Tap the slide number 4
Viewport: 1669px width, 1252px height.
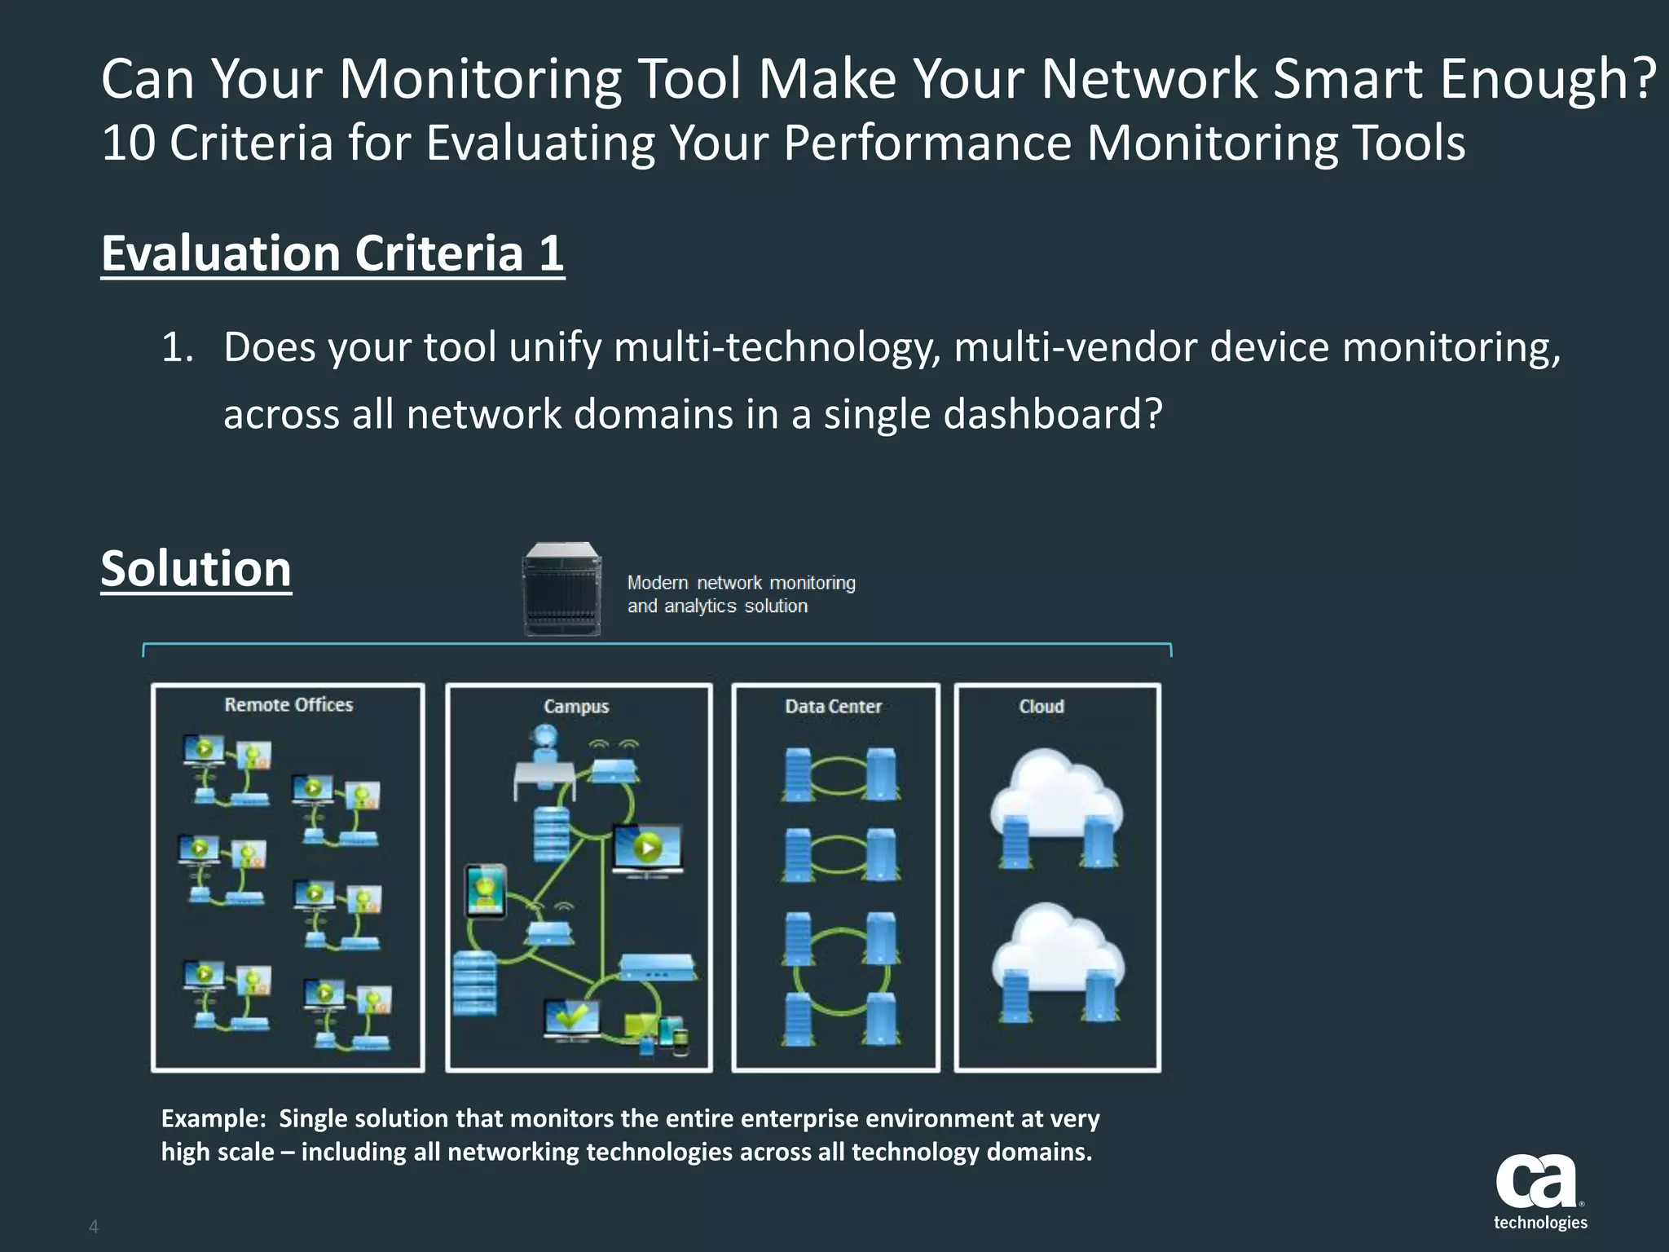94,1227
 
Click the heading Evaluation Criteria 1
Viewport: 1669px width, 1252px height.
332,253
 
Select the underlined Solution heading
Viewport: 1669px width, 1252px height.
196,568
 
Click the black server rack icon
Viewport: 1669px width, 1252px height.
562,589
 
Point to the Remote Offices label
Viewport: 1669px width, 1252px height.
288,705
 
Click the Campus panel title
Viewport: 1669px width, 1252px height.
576,707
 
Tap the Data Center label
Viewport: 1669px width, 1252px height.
833,707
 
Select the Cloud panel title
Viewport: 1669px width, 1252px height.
1041,707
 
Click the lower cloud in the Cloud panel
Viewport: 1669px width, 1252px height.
1057,950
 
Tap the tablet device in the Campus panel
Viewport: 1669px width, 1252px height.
485,891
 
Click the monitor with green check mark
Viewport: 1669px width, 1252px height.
572,1017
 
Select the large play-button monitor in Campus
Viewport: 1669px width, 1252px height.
647,849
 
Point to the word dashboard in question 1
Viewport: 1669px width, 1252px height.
1051,414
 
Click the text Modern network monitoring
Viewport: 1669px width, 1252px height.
741,583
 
